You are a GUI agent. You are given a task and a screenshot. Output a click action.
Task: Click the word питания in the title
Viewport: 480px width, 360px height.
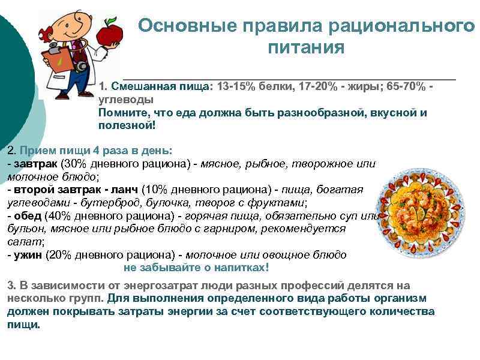(x=306, y=47)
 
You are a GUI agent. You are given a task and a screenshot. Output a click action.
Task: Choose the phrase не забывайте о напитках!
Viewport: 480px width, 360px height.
(x=196, y=267)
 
